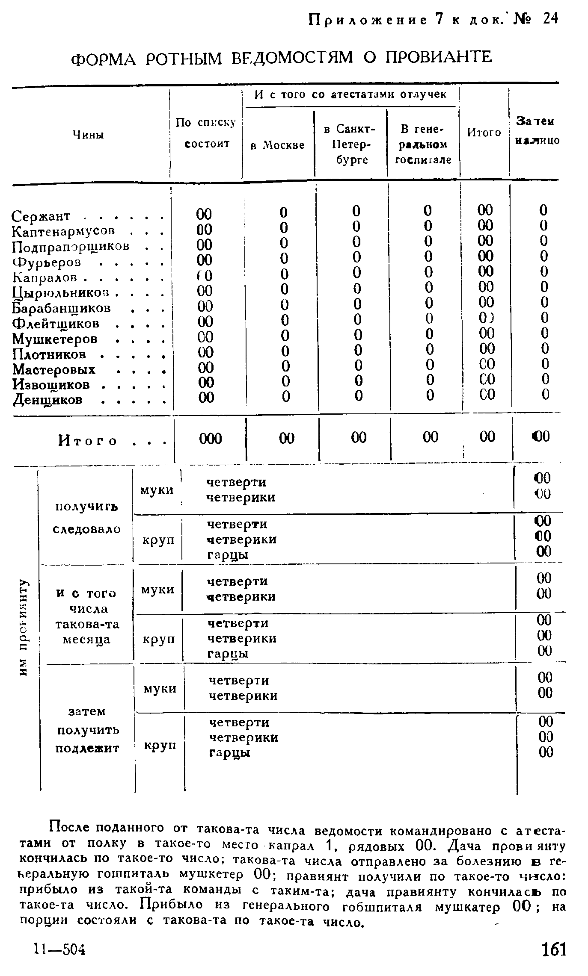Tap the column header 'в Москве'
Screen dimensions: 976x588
(277, 145)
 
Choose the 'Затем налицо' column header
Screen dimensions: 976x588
(538, 130)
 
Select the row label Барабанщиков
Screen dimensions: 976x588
(62, 308)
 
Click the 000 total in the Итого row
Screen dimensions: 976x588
(211, 439)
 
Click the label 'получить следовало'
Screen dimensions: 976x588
(86, 518)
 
